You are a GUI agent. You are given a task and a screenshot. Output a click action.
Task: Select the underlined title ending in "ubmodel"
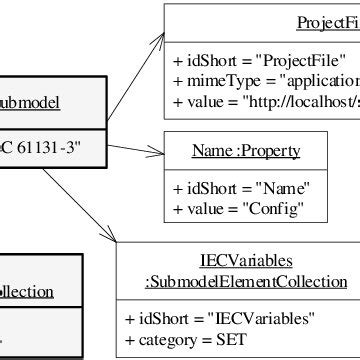coord(31,102)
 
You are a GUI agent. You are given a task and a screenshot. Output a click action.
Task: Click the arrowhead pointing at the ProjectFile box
coord(160,37)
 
